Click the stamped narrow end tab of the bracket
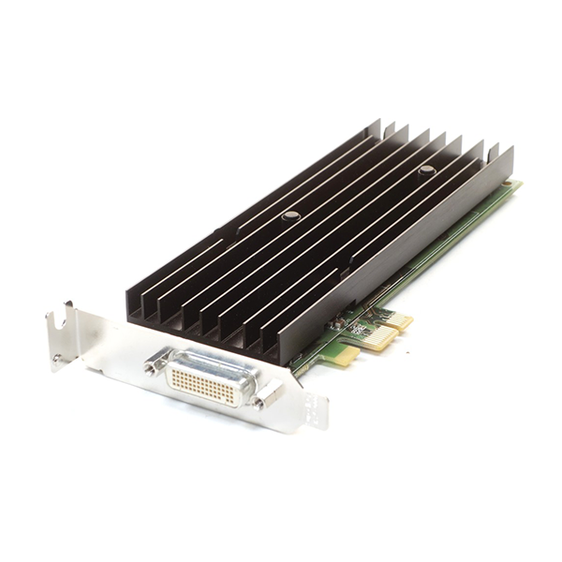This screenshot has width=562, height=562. coord(318,411)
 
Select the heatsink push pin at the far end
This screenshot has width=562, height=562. coord(426,170)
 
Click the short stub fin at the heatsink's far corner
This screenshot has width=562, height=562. coord(494,150)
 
